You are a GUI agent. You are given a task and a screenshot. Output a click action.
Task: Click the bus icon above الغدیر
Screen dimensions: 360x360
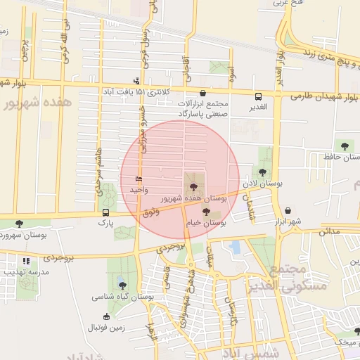click(259, 96)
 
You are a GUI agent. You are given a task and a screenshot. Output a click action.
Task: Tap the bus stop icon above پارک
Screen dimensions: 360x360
click(105, 212)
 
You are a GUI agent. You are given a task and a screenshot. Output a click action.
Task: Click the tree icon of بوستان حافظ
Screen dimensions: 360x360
click(344, 146)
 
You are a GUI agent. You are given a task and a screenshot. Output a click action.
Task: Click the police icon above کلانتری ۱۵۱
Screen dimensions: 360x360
click(136, 81)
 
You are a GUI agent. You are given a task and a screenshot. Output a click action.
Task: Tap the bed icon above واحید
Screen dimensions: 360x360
click(138, 179)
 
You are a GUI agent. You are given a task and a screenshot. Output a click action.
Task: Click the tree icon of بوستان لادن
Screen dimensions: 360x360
click(262, 172)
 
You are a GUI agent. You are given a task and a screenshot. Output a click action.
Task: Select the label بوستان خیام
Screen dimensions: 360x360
click(205, 222)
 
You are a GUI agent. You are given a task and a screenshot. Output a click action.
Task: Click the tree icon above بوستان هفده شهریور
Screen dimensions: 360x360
click(191, 186)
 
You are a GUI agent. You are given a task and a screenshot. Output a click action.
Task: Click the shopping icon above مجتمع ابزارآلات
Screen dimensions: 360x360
click(203, 92)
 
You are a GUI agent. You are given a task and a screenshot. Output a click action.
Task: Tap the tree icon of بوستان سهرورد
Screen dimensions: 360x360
click(19, 224)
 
